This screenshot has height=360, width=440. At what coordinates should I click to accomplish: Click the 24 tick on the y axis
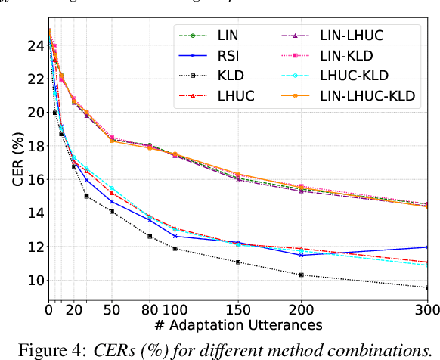click(x=34, y=45)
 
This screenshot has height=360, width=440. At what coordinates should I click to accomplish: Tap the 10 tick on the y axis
click(x=34, y=280)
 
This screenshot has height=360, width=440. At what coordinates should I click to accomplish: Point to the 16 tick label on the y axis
click(x=34, y=179)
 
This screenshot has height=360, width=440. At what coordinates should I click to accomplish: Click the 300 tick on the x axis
click(x=428, y=309)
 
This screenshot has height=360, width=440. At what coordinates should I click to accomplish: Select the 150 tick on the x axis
click(x=238, y=309)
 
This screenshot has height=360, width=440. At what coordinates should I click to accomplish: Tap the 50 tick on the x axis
click(x=112, y=309)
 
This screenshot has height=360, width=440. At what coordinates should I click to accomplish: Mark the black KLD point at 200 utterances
click(x=302, y=275)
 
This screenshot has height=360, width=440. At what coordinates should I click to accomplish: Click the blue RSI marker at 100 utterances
click(x=175, y=236)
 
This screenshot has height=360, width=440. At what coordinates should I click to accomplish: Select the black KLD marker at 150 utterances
click(x=238, y=262)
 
